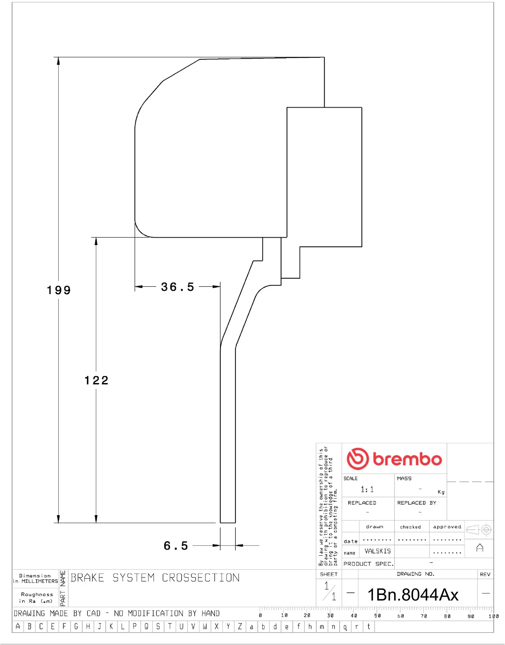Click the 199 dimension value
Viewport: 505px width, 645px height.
tap(59, 290)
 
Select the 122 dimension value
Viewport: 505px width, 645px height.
tap(96, 380)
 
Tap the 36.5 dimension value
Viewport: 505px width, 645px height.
tap(178, 287)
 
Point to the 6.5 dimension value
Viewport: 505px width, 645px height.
tap(176, 546)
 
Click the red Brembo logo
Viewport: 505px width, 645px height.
tap(394, 459)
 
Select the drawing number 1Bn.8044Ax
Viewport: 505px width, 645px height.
tap(413, 595)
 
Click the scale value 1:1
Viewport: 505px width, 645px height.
tap(367, 489)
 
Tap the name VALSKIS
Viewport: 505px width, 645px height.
tap(378, 551)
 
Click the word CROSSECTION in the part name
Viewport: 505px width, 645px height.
tap(201, 578)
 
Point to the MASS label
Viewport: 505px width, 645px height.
tap(404, 478)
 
